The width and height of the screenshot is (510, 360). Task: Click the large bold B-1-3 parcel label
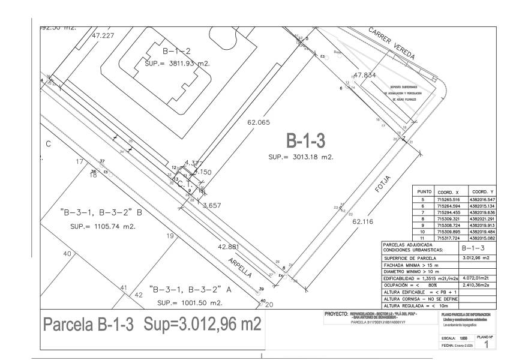tap(305, 141)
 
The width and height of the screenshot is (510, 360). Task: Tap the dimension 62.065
tap(259, 122)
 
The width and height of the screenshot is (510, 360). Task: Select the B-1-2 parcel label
tap(176, 50)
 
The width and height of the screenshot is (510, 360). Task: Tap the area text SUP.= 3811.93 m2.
tap(177, 62)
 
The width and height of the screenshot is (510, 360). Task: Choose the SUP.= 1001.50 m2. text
tap(190, 303)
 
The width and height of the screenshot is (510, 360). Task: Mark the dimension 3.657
tap(211, 205)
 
